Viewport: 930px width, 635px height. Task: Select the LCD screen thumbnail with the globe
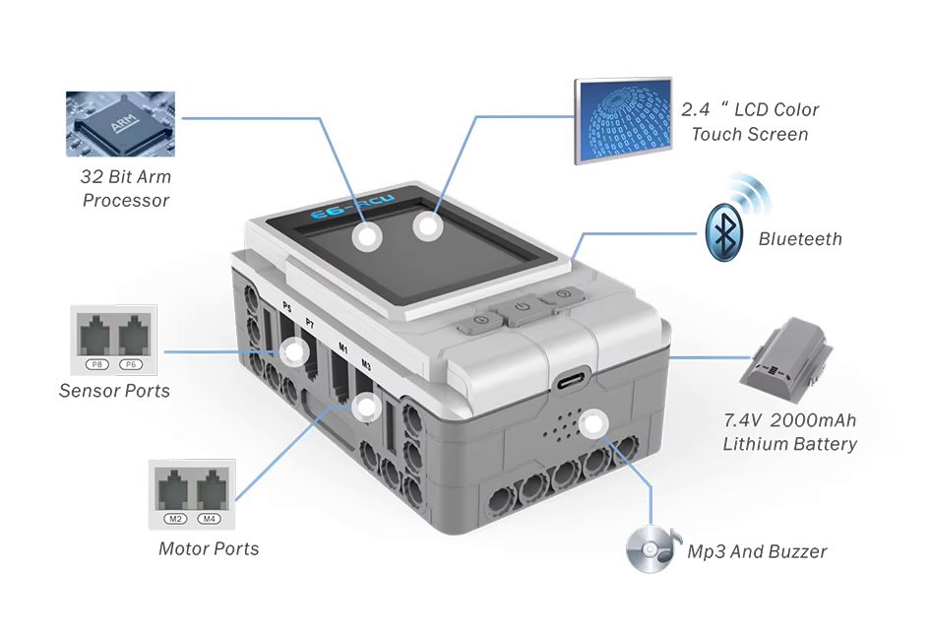[x=623, y=120]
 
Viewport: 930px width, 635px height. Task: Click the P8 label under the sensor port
[x=97, y=365]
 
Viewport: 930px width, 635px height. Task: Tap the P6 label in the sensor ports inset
[x=132, y=365]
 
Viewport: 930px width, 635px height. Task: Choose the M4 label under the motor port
[x=209, y=518]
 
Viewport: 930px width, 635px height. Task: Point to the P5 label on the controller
[x=286, y=307]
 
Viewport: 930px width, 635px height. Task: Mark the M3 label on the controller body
[x=366, y=365]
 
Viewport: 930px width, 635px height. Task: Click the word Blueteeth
[x=800, y=238]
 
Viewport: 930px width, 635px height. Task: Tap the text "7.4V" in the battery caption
[x=744, y=420]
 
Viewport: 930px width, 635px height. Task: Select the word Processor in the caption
[x=126, y=201]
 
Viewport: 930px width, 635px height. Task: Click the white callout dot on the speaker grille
[x=591, y=425]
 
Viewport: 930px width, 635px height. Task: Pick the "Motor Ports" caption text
[x=209, y=549]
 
